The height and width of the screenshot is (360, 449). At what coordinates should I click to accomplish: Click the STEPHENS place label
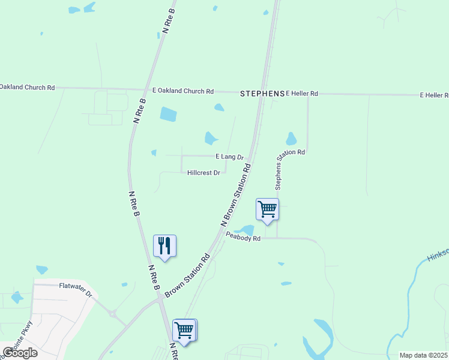[262, 94]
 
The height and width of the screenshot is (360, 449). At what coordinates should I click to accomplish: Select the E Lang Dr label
[229, 157]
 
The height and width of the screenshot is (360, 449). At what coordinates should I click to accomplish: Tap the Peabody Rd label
[243, 238]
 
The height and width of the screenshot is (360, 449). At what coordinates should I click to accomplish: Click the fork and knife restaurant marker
[164, 245]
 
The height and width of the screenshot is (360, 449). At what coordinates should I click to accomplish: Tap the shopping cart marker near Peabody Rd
[267, 209]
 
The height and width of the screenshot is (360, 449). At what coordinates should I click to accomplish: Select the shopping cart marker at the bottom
[184, 329]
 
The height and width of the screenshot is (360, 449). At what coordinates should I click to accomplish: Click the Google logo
[20, 353]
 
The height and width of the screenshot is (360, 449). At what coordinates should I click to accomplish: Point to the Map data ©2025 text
[423, 355]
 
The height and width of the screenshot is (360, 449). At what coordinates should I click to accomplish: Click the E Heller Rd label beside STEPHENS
[302, 94]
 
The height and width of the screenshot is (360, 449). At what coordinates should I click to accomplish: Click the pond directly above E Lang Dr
[211, 138]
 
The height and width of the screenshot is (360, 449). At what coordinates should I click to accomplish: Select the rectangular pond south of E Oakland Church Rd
[169, 114]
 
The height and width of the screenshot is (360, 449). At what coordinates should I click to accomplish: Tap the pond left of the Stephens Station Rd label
[291, 139]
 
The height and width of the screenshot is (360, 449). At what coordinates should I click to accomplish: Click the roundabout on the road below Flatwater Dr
[112, 313]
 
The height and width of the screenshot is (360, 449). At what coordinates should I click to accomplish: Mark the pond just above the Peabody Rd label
[246, 230]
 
